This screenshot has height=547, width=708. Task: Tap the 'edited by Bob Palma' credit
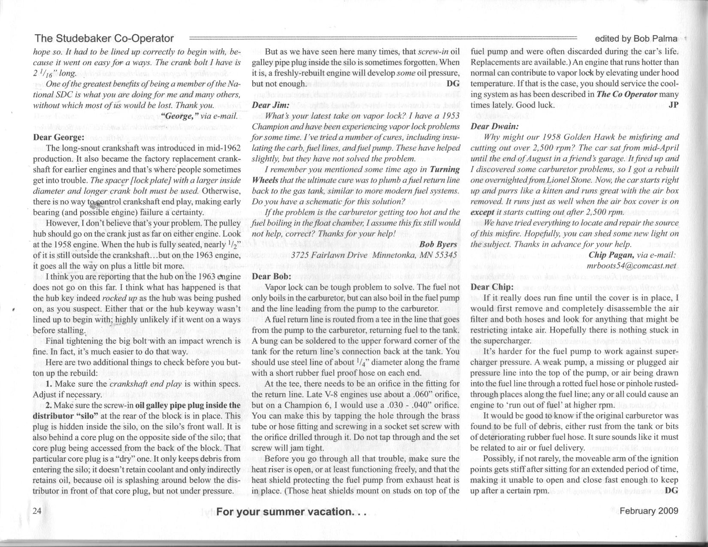click(x=635, y=39)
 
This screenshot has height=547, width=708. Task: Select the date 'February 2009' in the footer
click(x=649, y=511)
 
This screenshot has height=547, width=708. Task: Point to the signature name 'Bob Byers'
click(x=438, y=244)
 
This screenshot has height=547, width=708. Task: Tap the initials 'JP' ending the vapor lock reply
click(x=673, y=105)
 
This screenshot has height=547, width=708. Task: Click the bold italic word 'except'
click(x=482, y=212)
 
